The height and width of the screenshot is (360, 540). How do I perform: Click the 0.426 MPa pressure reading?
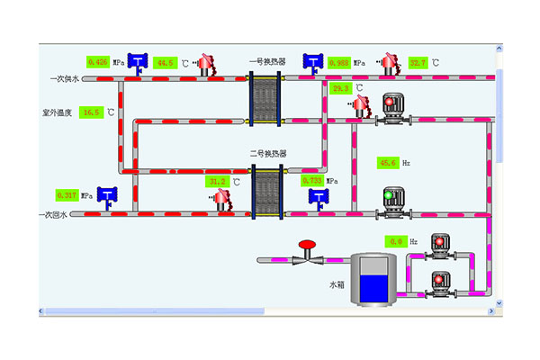(x=97, y=62)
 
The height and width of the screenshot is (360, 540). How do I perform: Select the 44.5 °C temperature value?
(x=165, y=63)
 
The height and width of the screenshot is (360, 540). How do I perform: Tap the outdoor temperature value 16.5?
(x=91, y=112)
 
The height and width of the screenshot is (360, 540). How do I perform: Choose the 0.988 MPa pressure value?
(x=339, y=63)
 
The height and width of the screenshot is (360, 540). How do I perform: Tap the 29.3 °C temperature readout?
(x=341, y=88)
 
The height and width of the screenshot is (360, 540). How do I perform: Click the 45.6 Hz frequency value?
(x=389, y=163)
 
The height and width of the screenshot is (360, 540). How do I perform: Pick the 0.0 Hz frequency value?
(x=396, y=241)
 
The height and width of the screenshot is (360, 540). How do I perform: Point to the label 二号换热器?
(x=267, y=155)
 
